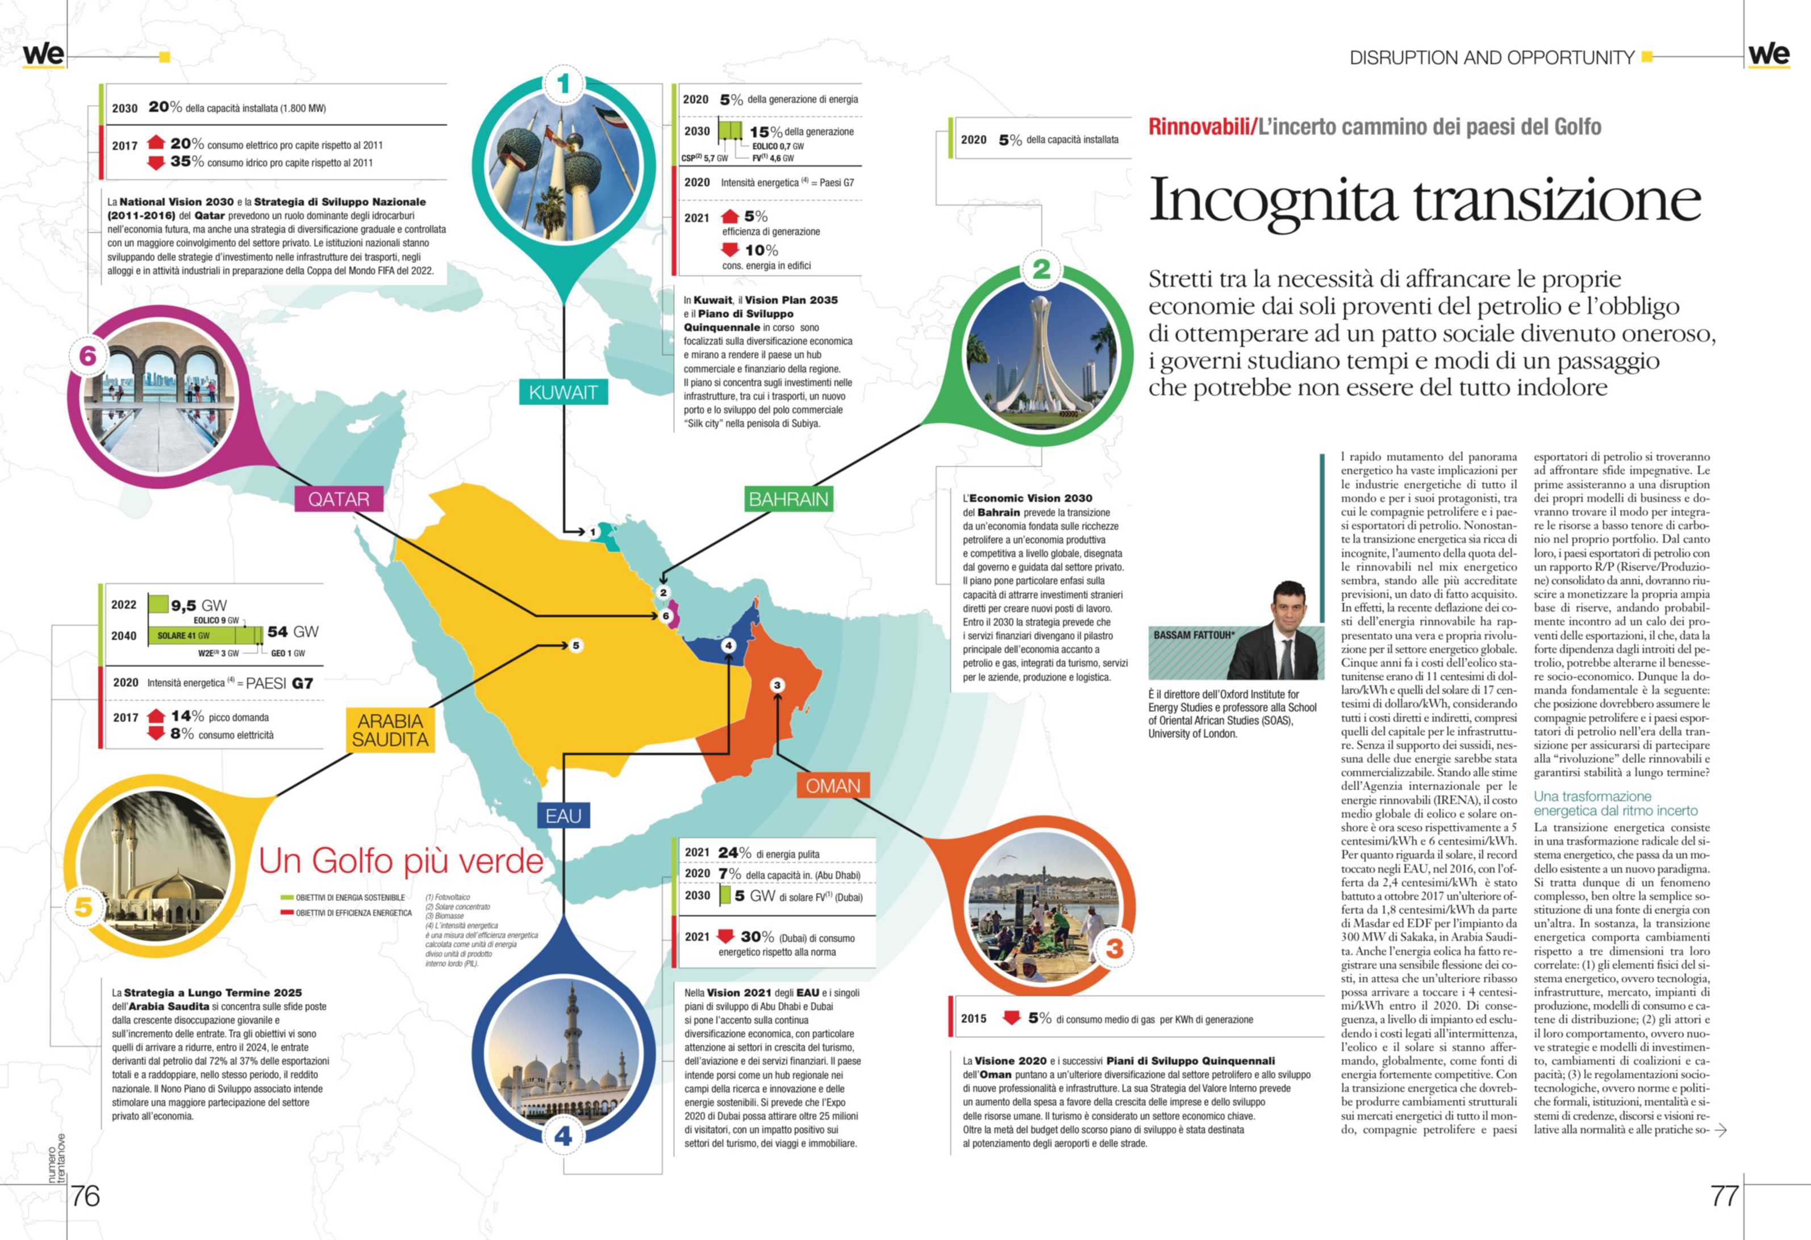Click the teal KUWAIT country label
point(562,392)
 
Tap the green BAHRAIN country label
point(788,498)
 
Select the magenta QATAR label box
point(339,498)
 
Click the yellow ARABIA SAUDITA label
point(390,730)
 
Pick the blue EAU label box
point(562,815)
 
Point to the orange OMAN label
point(832,786)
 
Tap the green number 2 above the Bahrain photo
point(1041,270)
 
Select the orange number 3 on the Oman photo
point(1115,948)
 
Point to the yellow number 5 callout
point(84,906)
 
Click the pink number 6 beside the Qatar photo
point(88,356)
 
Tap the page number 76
point(85,1196)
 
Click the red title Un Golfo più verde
point(401,861)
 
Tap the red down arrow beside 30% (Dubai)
point(725,936)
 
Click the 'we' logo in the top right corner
point(1769,55)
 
